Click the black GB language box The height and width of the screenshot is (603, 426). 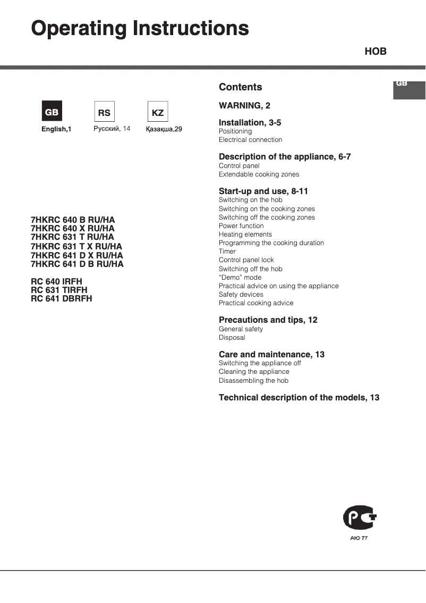[52, 112]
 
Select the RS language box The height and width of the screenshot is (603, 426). [104, 112]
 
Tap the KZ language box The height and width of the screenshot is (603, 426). [157, 112]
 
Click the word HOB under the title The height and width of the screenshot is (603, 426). [375, 52]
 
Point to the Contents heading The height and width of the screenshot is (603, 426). [240, 87]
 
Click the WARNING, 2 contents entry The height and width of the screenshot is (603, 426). [244, 106]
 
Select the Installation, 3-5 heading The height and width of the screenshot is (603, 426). [250, 123]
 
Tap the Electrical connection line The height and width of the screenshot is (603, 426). [250, 140]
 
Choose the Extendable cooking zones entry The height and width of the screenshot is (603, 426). [259, 174]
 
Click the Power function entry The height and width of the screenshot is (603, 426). [241, 226]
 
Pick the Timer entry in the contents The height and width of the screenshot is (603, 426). [227, 252]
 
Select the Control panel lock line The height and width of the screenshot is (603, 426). [246, 260]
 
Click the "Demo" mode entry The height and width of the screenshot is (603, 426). [240, 278]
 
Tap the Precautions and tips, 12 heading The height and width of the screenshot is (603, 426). [268, 320]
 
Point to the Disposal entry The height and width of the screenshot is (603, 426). [232, 338]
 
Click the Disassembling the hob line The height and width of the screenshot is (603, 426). [253, 381]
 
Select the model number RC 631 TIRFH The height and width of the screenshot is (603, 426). [59, 290]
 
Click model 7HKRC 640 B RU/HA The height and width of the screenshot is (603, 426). [73, 220]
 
